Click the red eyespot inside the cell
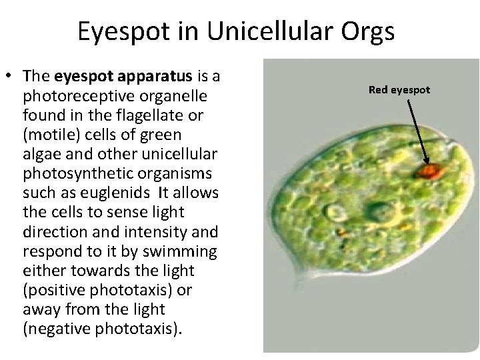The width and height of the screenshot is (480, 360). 429,172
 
